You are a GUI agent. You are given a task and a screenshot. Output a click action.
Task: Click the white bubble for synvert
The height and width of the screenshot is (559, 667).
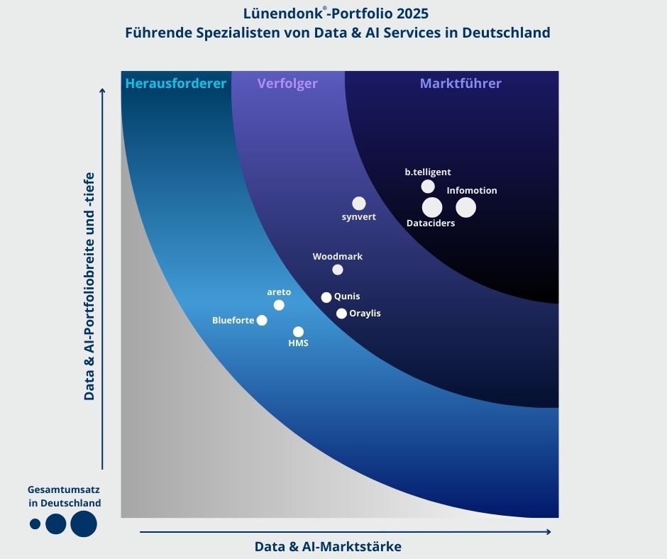click(x=359, y=204)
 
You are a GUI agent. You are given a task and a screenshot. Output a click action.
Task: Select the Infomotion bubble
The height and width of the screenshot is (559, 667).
click(x=465, y=207)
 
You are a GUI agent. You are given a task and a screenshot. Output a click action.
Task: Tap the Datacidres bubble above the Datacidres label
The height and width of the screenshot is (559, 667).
click(x=432, y=207)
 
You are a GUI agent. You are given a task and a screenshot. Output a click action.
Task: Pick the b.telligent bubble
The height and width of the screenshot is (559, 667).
click(x=428, y=187)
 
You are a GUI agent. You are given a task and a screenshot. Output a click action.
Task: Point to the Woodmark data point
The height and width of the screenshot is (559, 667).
click(x=338, y=270)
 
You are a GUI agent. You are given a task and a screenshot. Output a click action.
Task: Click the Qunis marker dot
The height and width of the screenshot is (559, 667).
click(x=326, y=297)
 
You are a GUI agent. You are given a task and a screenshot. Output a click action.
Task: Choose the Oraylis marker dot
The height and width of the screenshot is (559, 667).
click(x=341, y=314)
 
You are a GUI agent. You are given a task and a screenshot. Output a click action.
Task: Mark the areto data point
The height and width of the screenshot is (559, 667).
click(x=279, y=305)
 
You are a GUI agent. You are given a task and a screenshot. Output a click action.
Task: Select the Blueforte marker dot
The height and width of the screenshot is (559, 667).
click(x=262, y=320)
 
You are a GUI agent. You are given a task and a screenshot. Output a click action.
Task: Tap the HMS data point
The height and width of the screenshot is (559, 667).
click(x=298, y=331)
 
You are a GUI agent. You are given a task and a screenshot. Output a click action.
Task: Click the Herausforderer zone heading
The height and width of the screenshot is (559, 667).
click(x=175, y=84)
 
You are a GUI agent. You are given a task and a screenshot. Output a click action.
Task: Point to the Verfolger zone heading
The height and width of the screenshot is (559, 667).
click(x=287, y=84)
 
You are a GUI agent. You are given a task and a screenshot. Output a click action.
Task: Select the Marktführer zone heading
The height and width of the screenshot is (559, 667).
click(x=461, y=84)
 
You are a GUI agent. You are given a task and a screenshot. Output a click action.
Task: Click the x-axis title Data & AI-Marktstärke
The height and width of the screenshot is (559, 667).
click(x=328, y=546)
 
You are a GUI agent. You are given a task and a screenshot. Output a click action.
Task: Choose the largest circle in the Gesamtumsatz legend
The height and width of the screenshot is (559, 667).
click(x=84, y=524)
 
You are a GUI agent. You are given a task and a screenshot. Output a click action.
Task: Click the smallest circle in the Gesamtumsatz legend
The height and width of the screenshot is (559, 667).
click(x=35, y=524)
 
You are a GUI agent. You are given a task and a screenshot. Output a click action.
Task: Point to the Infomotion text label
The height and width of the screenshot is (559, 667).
click(x=472, y=190)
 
